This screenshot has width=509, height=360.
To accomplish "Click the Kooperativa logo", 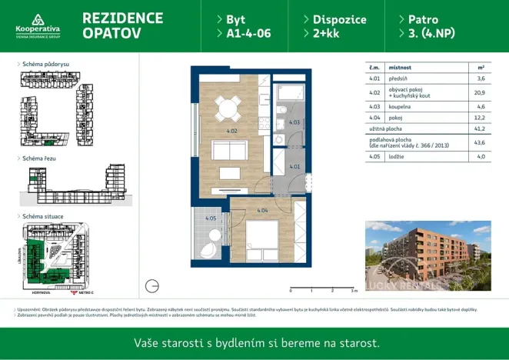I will [37, 25].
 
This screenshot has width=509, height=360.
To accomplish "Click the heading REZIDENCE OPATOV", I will [122, 25].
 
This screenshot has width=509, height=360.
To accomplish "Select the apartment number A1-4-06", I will [248, 34].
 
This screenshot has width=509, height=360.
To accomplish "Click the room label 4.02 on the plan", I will [210, 132].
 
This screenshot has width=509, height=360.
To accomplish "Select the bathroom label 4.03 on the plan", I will [294, 122].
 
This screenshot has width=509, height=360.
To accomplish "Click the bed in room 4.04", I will [261, 236].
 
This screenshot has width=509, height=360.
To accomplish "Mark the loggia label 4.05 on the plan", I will [210, 218].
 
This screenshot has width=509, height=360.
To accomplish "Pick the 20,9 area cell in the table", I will [481, 92].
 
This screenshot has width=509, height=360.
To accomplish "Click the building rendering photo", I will [427, 257].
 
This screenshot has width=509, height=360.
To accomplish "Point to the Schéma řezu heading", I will [39, 158].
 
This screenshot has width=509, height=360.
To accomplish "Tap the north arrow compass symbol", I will [151, 285].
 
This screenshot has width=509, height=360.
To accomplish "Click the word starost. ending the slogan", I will [358, 342].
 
